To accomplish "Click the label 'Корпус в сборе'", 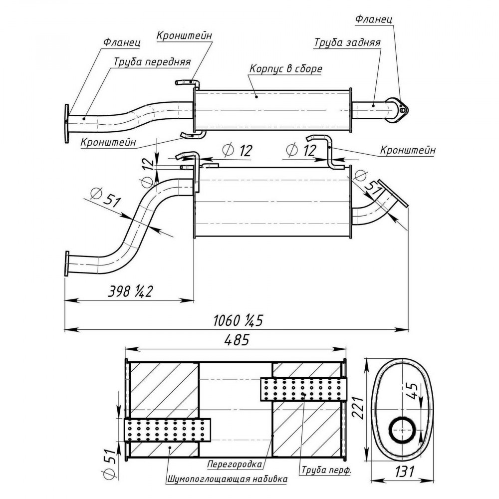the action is [x=285, y=69].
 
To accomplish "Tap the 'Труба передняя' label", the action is [x=152, y=62].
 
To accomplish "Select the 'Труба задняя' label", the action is [x=347, y=42].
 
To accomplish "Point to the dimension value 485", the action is [x=236, y=340].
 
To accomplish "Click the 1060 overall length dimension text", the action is [x=238, y=320].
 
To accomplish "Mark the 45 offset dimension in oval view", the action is [x=412, y=391].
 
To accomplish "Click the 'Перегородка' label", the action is [x=235, y=464].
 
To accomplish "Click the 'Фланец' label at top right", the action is [x=373, y=19].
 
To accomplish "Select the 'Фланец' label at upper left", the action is [x=122, y=42].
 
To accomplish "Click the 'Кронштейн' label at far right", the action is [x=408, y=150].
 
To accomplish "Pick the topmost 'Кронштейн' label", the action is [x=184, y=35].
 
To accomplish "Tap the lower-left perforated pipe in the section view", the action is [x=167, y=430].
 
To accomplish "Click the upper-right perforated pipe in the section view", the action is [x=303, y=389].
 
